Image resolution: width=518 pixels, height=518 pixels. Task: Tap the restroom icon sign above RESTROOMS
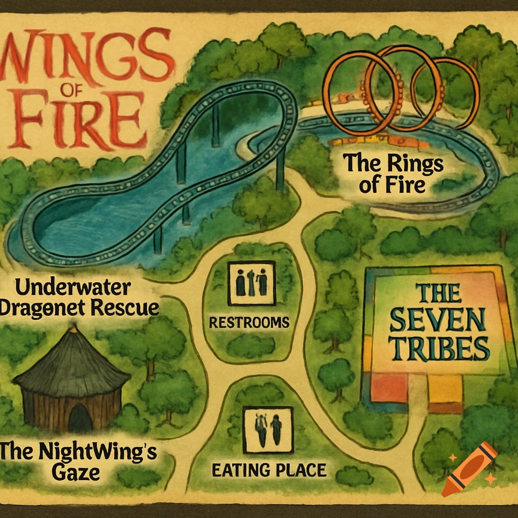(251, 283)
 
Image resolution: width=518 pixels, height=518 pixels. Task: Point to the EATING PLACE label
(269, 470)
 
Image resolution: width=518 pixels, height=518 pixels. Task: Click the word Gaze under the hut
(76, 473)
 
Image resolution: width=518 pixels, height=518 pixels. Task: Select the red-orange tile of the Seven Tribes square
(388, 387)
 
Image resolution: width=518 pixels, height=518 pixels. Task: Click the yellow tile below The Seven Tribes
(445, 388)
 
